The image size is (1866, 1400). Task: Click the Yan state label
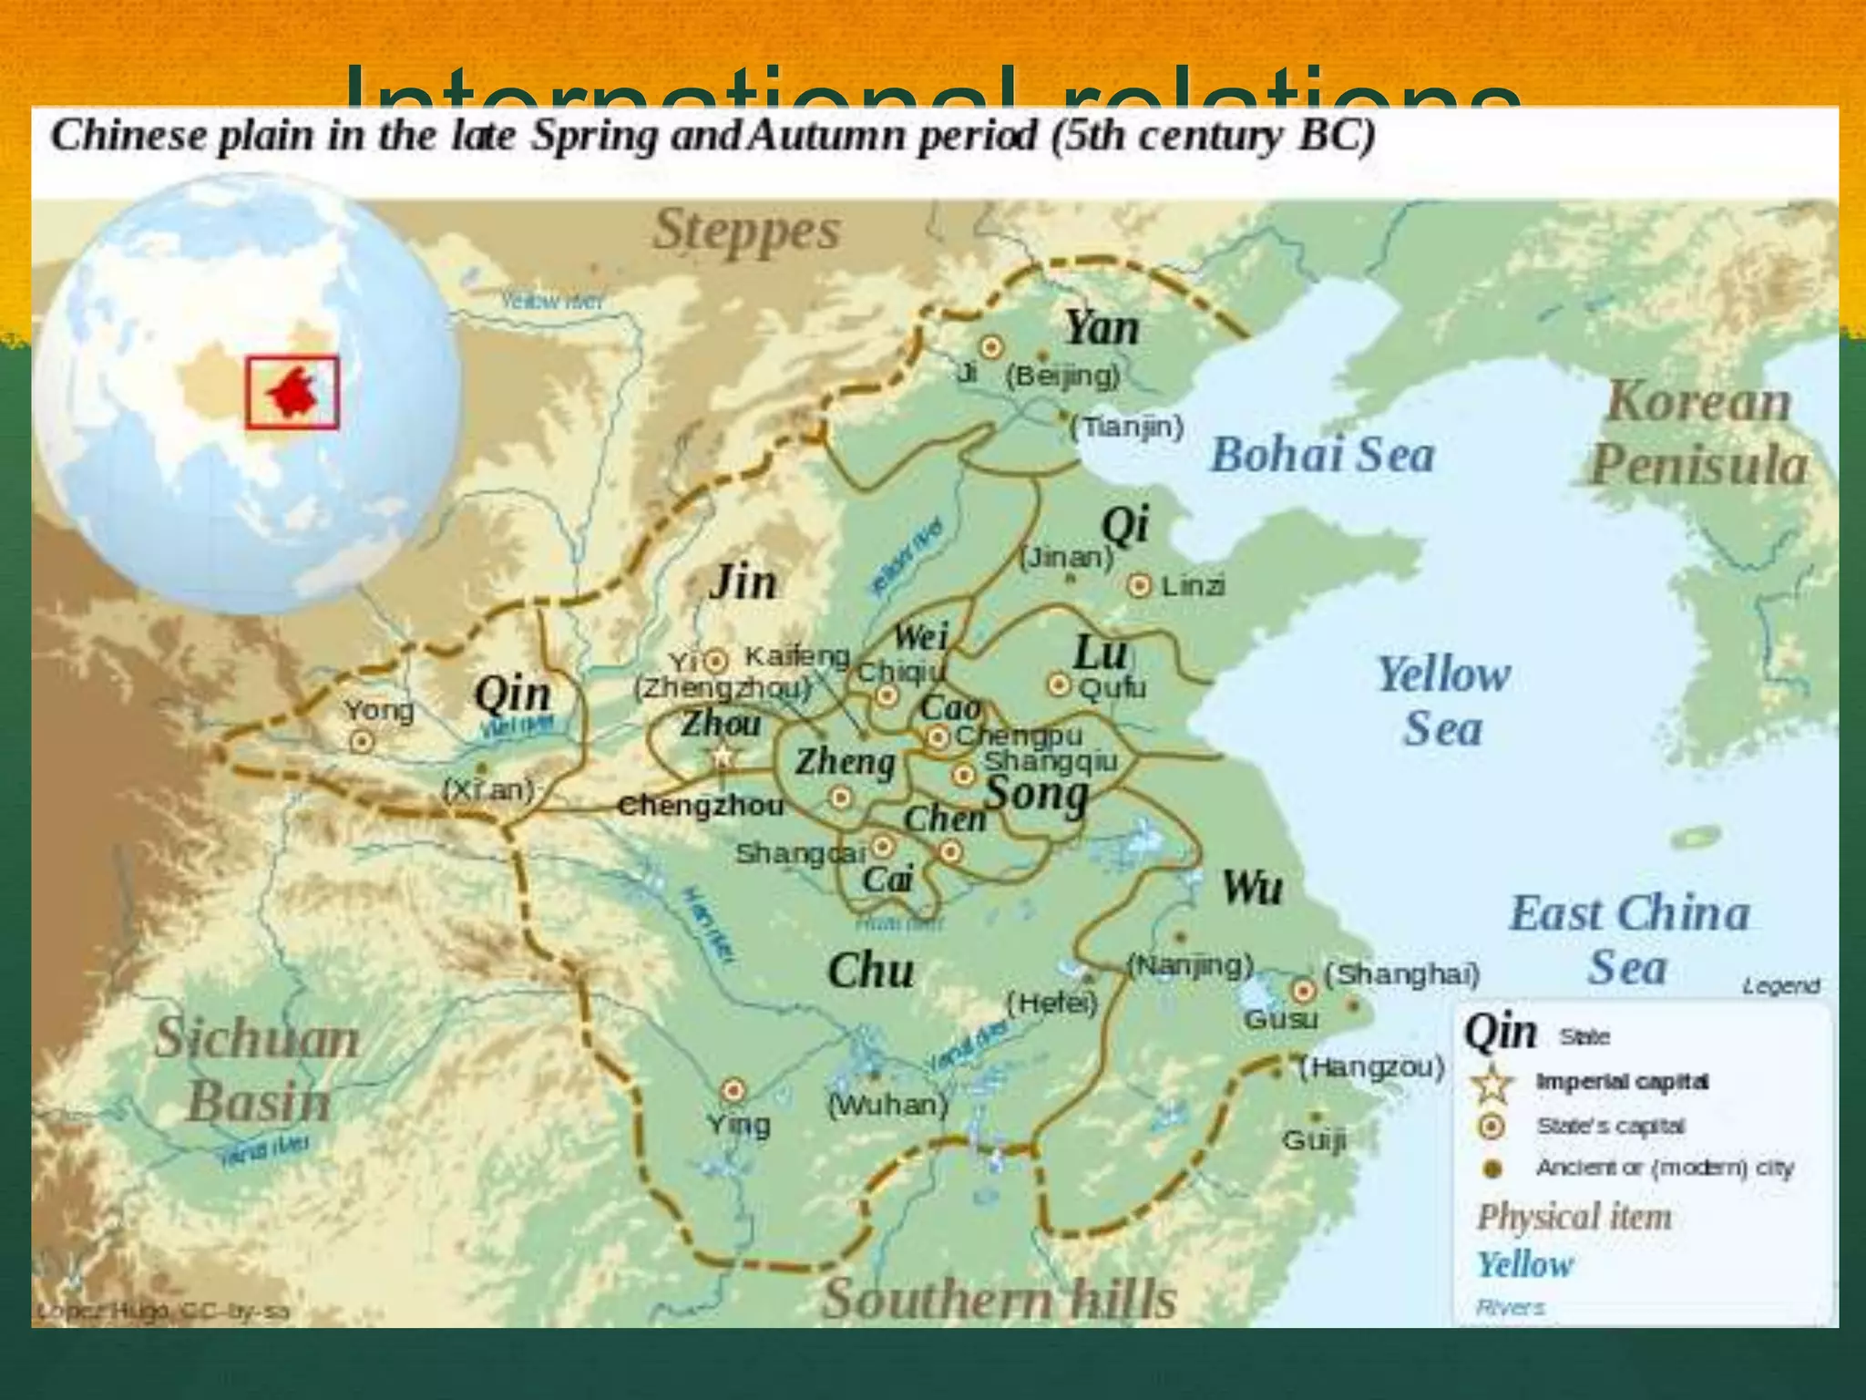pyautogui.click(x=1102, y=328)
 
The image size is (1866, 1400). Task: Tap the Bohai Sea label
pyautogui.click(x=1322, y=455)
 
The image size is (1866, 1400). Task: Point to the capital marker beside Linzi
pyautogui.click(x=1139, y=586)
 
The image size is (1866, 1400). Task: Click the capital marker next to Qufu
pyautogui.click(x=1058, y=685)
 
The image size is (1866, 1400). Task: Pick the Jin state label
pyautogui.click(x=743, y=582)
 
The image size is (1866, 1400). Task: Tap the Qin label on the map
pyautogui.click(x=513, y=695)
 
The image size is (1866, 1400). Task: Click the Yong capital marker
pyautogui.click(x=362, y=742)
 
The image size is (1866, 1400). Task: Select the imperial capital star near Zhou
pyautogui.click(x=723, y=756)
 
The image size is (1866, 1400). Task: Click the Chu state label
pyautogui.click(x=870, y=971)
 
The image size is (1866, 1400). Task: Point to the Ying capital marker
pyautogui.click(x=733, y=1091)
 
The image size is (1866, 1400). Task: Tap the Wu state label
pyautogui.click(x=1252, y=887)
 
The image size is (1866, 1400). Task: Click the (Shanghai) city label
pyautogui.click(x=1401, y=974)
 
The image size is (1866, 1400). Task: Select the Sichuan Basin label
pyautogui.click(x=258, y=1070)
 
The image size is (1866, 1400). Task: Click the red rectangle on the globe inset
pyautogui.click(x=292, y=393)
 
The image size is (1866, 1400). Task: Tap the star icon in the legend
pyautogui.click(x=1492, y=1084)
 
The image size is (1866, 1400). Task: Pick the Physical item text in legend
pyautogui.click(x=1574, y=1217)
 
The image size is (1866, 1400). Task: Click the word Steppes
pyautogui.click(x=746, y=231)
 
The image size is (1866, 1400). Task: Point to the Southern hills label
pyautogui.click(x=999, y=1298)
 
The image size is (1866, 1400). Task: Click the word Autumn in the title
pyautogui.click(x=828, y=137)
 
